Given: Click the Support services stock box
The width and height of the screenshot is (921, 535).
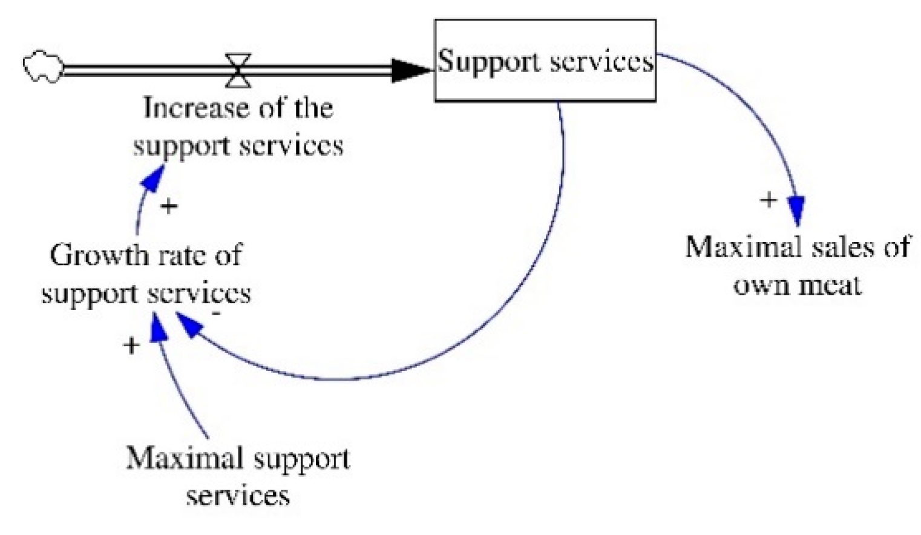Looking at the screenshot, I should (x=545, y=61).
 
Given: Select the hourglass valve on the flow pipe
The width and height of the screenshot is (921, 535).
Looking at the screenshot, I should (x=238, y=70).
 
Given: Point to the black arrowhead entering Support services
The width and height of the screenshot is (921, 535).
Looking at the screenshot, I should (x=411, y=70).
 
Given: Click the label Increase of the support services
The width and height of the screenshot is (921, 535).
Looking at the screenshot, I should (x=238, y=126).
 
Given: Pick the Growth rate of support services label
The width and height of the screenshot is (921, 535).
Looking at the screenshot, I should (x=146, y=274).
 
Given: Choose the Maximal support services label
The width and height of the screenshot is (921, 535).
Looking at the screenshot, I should (x=238, y=476).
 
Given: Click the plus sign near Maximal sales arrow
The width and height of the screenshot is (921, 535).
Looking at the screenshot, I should (x=768, y=199).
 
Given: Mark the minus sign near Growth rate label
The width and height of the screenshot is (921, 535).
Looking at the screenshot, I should (x=217, y=313).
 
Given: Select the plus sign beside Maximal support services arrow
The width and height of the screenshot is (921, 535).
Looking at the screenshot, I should (x=131, y=346).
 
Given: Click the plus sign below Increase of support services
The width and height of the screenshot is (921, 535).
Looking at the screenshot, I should (x=169, y=206).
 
